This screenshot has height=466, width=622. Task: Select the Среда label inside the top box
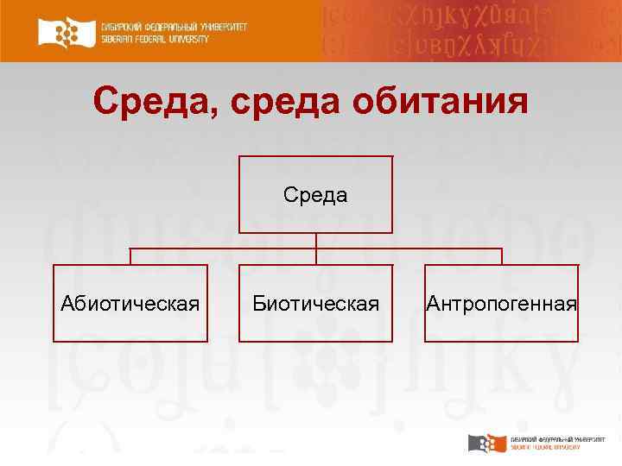[x=315, y=195]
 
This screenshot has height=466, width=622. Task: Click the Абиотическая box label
[x=130, y=304]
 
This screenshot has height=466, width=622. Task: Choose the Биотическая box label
[x=315, y=304]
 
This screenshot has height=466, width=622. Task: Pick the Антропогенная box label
[x=501, y=304]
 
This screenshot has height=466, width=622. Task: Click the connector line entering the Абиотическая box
[x=130, y=256]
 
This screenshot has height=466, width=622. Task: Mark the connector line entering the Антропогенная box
[x=502, y=256]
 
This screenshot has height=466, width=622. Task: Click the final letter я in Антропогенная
[x=571, y=305]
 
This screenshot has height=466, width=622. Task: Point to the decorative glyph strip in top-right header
[x=471, y=31]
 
